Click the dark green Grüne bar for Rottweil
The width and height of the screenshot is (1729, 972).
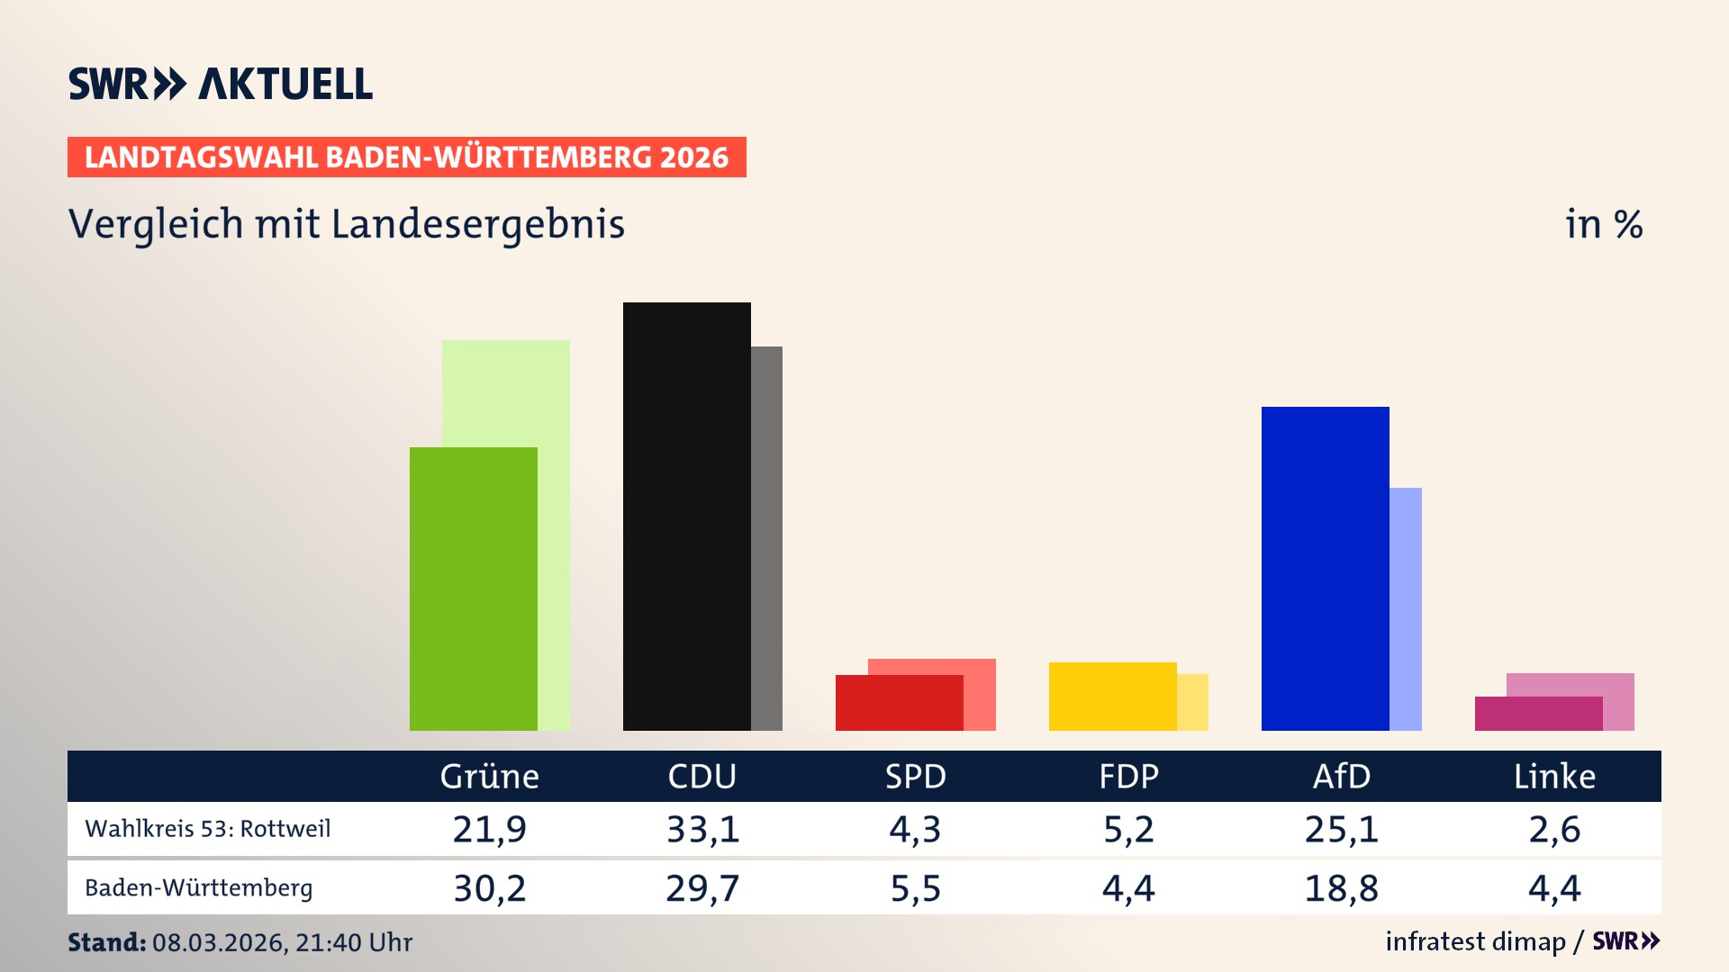click(x=473, y=589)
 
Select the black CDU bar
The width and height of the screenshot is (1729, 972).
click(x=686, y=517)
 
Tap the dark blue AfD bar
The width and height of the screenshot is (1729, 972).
click(x=1325, y=569)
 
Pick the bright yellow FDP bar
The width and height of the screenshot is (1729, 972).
click(x=1112, y=697)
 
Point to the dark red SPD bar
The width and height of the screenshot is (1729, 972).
click(x=899, y=703)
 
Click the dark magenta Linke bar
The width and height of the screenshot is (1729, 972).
click(x=1538, y=714)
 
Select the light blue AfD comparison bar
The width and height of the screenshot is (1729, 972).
click(x=1406, y=609)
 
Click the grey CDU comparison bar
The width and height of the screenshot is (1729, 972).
click(x=766, y=538)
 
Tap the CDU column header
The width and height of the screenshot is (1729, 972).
click(x=702, y=777)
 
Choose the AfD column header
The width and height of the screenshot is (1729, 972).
click(x=1341, y=777)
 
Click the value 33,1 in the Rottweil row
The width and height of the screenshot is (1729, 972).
click(x=702, y=829)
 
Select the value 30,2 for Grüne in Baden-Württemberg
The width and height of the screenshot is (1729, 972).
click(x=489, y=888)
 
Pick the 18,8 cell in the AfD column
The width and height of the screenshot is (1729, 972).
click(x=1341, y=888)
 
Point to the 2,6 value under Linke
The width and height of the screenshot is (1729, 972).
click(x=1554, y=829)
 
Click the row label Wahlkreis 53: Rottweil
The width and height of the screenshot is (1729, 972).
click(x=208, y=829)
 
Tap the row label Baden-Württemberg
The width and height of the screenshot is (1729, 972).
click(x=199, y=888)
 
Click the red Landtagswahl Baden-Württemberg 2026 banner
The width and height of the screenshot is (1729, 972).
click(x=406, y=157)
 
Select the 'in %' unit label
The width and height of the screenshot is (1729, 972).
click(x=1604, y=224)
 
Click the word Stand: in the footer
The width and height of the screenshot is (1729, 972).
click(x=106, y=942)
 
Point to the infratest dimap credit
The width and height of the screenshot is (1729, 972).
click(x=1475, y=941)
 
